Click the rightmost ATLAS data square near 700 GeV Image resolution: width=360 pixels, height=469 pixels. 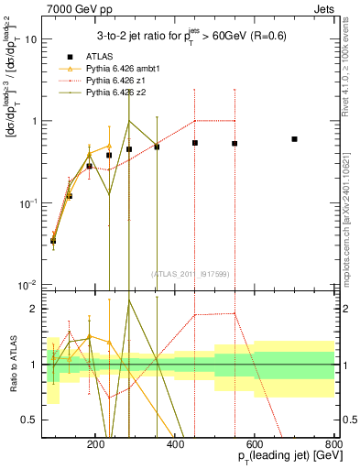294,139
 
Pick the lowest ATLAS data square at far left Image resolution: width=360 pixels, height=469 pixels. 53,241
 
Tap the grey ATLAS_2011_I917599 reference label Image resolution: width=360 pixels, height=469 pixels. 191,273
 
